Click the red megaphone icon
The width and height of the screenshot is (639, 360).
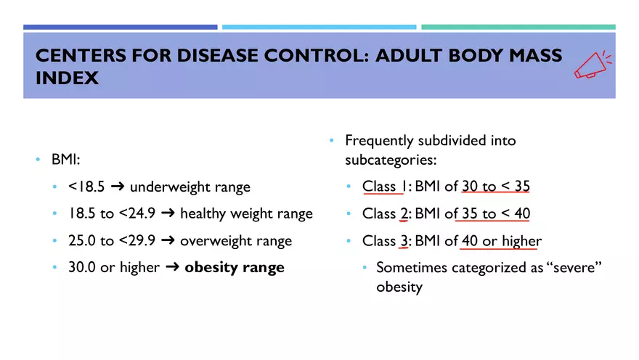[x=593, y=65]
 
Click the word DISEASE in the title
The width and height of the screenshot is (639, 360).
[x=217, y=55]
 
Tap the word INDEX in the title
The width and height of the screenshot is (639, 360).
[x=67, y=78]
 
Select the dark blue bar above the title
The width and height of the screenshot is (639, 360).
[x=121, y=27]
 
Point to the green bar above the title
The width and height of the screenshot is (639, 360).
[x=518, y=27]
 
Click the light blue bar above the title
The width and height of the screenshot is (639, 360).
[x=319, y=27]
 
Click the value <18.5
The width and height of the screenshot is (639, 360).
[x=86, y=187]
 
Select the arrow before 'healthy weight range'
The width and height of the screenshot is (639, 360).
[x=168, y=213]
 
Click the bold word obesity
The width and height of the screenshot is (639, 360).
[x=211, y=268]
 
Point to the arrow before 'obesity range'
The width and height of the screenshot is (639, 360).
[x=172, y=267]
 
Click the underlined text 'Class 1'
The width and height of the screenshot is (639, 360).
[x=384, y=186]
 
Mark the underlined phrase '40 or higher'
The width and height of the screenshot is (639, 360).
[x=502, y=241]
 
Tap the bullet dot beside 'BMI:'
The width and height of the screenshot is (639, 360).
[x=38, y=159]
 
